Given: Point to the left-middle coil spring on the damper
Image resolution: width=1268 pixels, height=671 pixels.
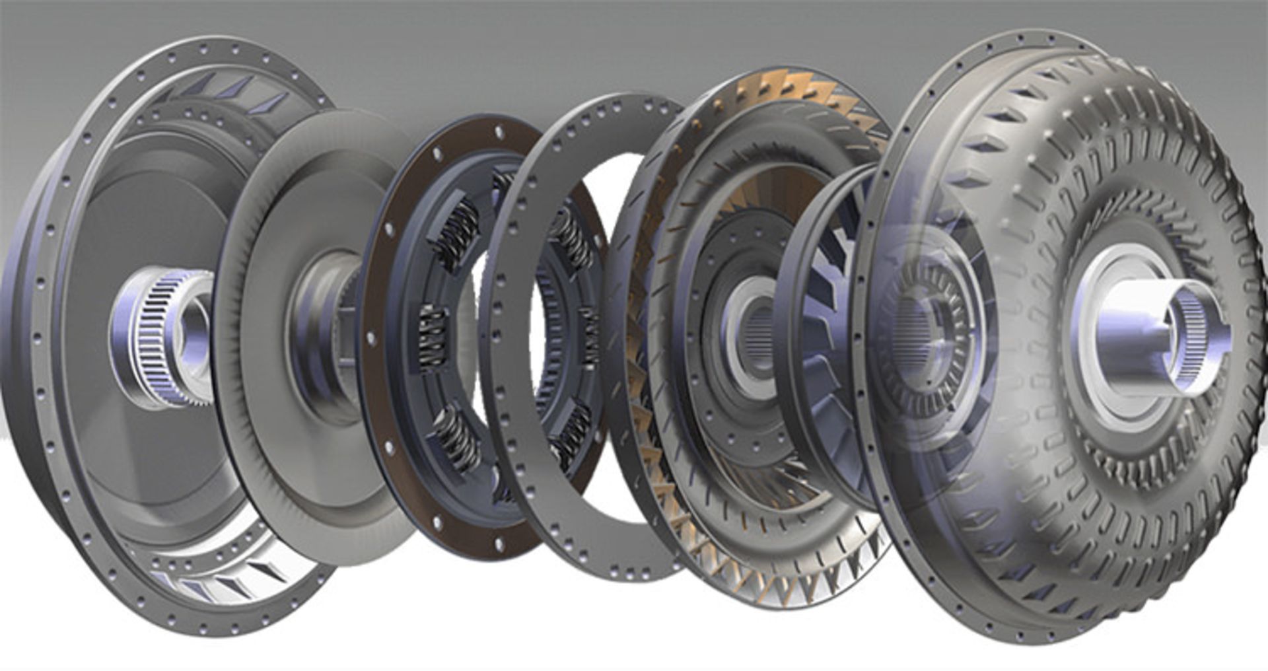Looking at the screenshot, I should click(x=433, y=337).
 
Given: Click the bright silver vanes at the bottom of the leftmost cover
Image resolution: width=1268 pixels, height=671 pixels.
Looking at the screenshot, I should click(x=218, y=581).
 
